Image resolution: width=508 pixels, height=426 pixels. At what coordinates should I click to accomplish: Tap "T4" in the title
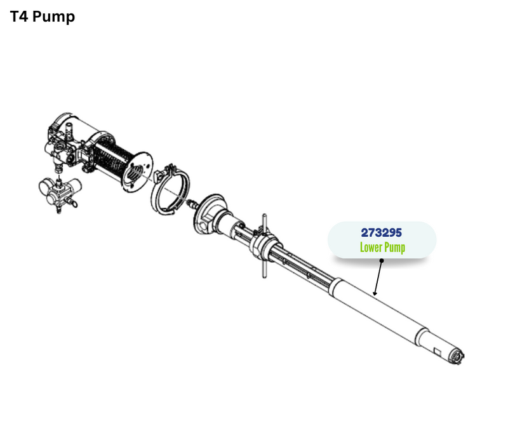20,17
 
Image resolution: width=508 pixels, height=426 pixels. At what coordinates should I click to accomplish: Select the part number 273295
382,232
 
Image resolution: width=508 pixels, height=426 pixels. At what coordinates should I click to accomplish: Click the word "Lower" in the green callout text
371,247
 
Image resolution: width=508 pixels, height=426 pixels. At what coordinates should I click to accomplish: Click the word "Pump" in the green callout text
395,248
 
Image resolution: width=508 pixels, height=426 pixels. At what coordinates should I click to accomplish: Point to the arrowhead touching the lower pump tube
375,293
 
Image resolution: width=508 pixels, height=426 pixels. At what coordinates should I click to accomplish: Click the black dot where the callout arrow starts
382,260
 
